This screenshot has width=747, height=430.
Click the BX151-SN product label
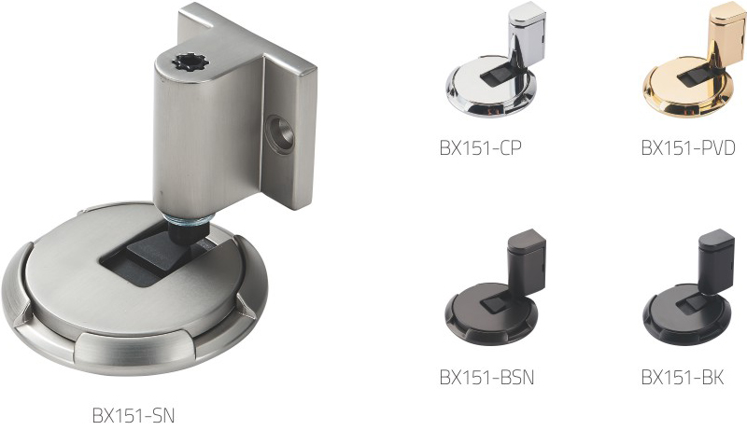[x=134, y=415]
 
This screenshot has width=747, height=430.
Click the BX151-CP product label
[x=480, y=148]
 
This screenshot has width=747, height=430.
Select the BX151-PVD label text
[x=688, y=148]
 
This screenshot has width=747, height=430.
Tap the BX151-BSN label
[x=486, y=377]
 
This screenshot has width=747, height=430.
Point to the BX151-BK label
[x=683, y=377]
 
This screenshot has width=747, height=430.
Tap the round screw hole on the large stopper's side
[x=280, y=134]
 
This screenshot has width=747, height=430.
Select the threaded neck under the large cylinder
[x=188, y=220]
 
